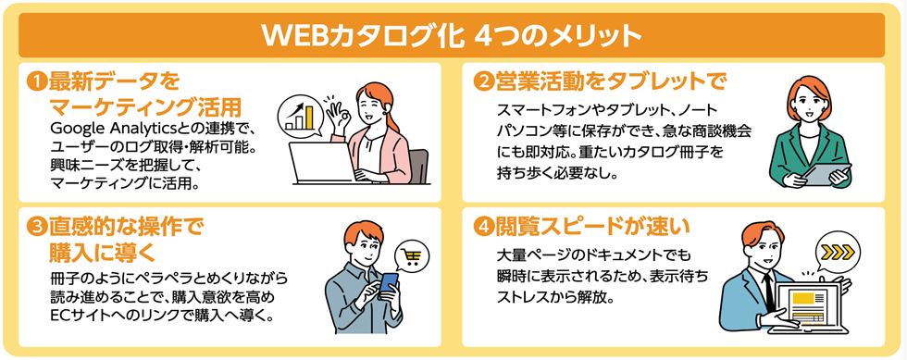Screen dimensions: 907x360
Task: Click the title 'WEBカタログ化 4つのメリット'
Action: click(453, 35)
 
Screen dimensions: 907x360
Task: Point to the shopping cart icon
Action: click(410, 257)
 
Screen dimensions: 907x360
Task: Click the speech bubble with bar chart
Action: click(304, 113)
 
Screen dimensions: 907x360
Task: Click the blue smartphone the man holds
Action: click(388, 284)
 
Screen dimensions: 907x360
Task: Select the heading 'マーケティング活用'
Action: click(147, 103)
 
